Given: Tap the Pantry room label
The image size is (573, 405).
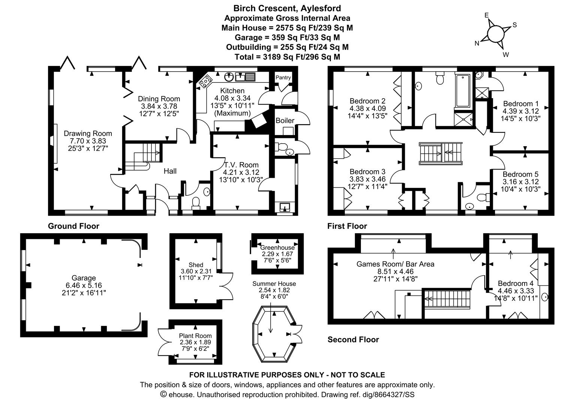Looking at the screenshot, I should tap(283, 77).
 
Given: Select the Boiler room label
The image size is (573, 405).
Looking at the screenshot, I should tap(285, 120).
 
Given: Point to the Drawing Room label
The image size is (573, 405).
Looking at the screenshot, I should tap(88, 133).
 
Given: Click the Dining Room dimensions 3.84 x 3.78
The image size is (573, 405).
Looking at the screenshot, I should tap(159, 106).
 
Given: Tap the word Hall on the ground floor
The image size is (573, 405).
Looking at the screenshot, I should tap(170, 171).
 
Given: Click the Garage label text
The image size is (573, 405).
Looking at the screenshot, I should tap(84, 278).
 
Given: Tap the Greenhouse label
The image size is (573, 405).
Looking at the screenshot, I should tap(277, 247).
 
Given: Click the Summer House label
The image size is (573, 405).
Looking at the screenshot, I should tap(274, 283).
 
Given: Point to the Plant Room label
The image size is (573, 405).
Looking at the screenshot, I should tap(195, 336).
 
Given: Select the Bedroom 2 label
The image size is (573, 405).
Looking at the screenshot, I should tap(367, 101).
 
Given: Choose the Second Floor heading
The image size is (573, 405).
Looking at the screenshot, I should tap(353, 339).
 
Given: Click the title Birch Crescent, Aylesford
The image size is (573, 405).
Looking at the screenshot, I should tap(287, 8).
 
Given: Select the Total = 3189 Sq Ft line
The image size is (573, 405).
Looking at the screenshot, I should tap(287, 57).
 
